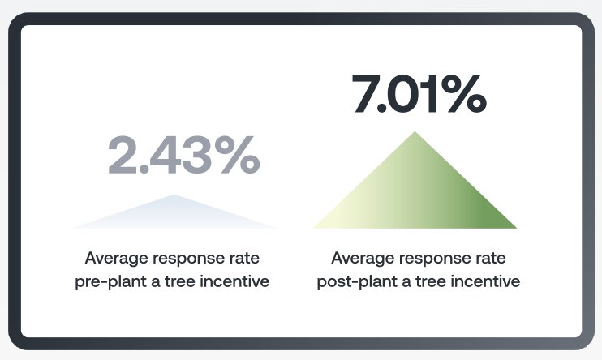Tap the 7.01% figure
point(418,94)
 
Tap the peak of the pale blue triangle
point(174,197)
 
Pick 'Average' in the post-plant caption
point(362,259)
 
